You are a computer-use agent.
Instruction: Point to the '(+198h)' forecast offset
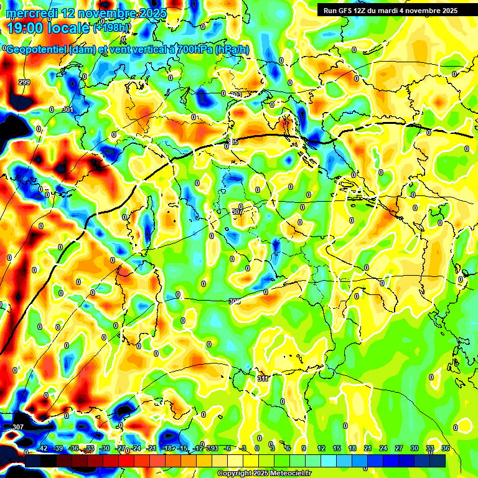click(113, 28)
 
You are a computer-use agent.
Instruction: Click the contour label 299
click(24, 83)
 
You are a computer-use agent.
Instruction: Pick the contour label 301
click(67, 110)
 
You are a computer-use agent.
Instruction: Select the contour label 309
click(234, 301)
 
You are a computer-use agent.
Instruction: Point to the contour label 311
click(263, 378)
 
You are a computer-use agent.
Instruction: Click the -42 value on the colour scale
click(43, 448)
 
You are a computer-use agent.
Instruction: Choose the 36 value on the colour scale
click(446, 448)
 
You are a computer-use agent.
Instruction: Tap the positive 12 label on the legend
click(321, 448)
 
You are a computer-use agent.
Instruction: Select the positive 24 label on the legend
click(383, 448)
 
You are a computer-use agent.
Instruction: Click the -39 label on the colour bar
click(59, 448)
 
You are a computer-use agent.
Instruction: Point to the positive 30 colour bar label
click(415, 448)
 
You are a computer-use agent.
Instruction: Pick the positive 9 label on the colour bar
click(304, 448)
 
